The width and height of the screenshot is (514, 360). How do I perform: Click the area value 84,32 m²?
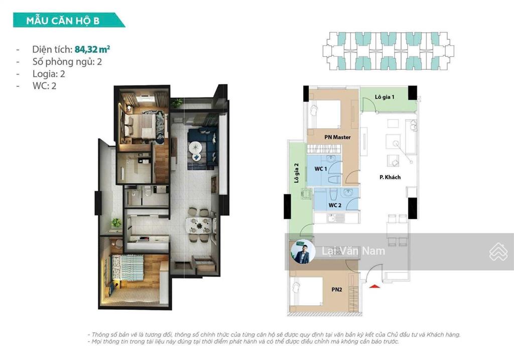tap(92, 49)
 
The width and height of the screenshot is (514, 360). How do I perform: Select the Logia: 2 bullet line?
tap(49, 74)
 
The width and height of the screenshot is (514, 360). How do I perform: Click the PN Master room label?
tap(337, 137)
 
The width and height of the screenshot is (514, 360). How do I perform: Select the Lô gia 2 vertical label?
tap(297, 173)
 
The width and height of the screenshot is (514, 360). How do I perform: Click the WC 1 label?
tap(321, 169)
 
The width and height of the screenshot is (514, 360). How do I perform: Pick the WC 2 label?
tap(335, 205)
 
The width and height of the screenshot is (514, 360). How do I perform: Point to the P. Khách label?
tap(390, 177)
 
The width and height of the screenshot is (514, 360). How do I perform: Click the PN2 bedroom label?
tap(336, 290)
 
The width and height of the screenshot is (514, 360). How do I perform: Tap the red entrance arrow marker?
tap(373, 286)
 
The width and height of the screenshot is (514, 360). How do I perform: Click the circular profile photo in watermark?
tap(303, 252)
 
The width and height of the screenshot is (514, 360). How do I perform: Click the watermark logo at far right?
tap(498, 251)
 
